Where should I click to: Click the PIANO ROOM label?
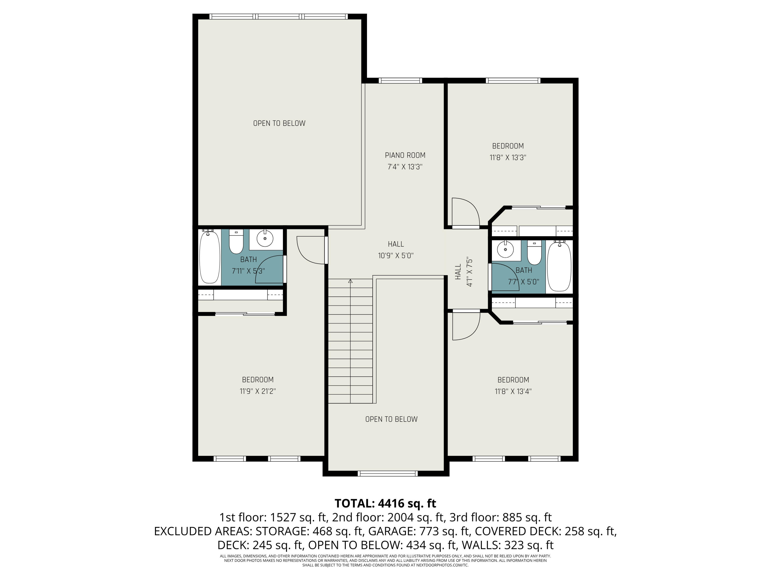405,155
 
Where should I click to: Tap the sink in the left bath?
265,239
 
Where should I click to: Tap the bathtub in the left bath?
209,257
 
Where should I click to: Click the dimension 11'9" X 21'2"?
258,391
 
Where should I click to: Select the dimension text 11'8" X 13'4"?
513,391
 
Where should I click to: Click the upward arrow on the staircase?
350,281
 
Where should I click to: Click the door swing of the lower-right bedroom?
466,326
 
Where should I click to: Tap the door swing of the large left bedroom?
310,250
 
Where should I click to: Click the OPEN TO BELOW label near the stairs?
391,419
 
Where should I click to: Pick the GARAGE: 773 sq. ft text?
418,531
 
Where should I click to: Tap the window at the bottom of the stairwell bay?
388,473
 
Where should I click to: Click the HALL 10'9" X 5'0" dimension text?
396,256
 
